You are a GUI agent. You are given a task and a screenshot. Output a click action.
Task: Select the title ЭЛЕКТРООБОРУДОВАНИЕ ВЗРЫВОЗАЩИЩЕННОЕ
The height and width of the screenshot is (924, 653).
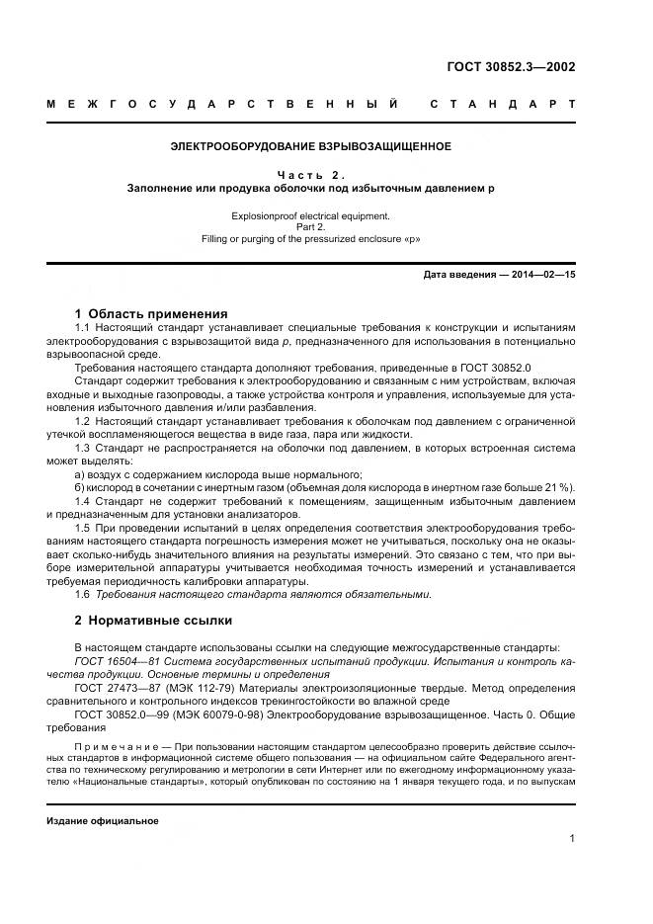pyautogui.click(x=311, y=146)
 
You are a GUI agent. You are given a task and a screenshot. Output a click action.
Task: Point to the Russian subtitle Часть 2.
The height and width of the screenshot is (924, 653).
pyautogui.click(x=310, y=173)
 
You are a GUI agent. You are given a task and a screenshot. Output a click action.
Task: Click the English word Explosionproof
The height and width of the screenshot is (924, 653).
pyautogui.click(x=265, y=213)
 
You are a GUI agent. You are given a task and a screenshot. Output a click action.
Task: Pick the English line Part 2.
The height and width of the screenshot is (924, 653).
pyautogui.click(x=310, y=225)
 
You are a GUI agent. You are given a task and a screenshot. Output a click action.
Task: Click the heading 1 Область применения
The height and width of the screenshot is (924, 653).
pyautogui.click(x=151, y=313)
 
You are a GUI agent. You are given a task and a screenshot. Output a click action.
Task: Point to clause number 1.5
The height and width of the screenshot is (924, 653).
pyautogui.click(x=83, y=527)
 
